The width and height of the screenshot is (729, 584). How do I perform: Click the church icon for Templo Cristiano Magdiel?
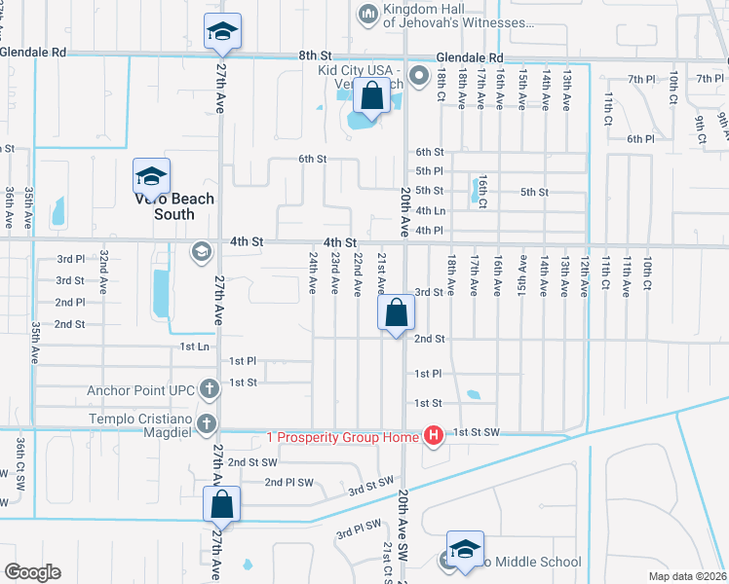[206, 423]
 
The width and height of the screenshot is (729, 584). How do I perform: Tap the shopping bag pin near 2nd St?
[396, 313]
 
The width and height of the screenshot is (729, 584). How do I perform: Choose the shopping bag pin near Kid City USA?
[371, 96]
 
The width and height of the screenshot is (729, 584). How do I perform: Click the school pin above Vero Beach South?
[151, 176]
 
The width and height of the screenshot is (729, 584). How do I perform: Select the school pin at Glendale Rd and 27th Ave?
[222, 34]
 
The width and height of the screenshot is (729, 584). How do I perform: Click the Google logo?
[32, 572]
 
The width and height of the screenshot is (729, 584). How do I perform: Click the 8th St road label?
[316, 55]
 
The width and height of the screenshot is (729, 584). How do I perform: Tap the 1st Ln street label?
[195, 347]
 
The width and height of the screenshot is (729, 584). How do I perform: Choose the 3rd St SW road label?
[370, 485]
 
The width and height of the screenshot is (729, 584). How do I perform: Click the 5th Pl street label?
[430, 170]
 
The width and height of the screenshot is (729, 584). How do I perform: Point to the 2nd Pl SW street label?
[289, 482]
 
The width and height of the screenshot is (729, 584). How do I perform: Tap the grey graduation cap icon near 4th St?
[202, 252]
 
